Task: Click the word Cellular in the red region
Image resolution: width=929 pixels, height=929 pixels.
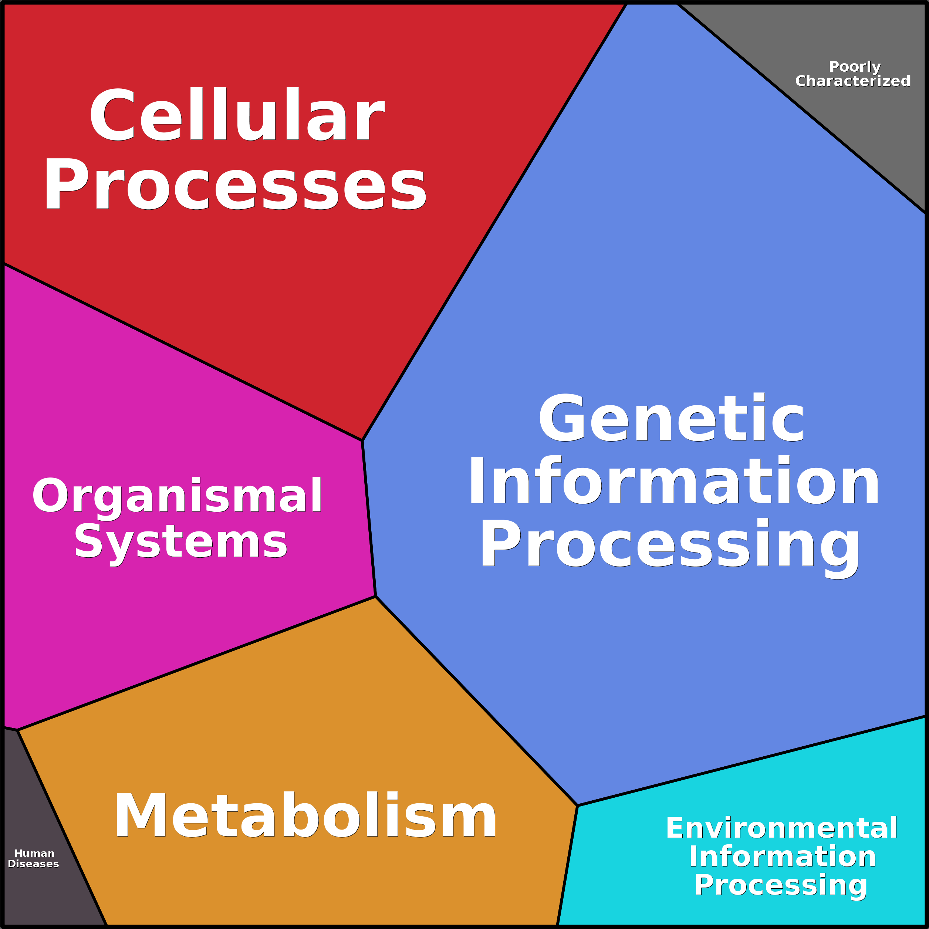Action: click(x=237, y=114)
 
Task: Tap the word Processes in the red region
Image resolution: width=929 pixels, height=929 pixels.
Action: click(x=235, y=185)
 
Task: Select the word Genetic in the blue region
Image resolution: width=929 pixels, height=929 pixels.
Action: click(x=671, y=418)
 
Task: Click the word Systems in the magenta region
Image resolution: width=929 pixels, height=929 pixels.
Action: click(x=181, y=545)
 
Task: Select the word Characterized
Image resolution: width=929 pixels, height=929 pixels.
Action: click(x=852, y=81)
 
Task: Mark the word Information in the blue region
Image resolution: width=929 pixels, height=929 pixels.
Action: click(x=674, y=481)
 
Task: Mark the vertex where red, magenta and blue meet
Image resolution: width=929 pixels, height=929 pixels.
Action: click(x=362, y=440)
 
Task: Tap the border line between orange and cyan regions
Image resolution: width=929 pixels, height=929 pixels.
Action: click(x=567, y=865)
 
